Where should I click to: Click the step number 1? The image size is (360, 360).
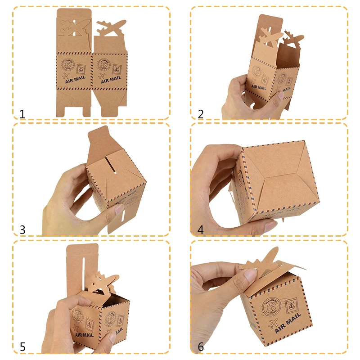click(x=22, y=113)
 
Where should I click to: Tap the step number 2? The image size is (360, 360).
click(x=201, y=114)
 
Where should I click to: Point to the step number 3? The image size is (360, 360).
click(x=22, y=229)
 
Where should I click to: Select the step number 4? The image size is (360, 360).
click(x=201, y=229)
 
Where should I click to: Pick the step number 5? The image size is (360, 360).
click(x=22, y=347)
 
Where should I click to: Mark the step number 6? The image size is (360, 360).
click(x=201, y=347)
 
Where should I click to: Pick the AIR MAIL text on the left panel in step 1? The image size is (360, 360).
click(x=75, y=82)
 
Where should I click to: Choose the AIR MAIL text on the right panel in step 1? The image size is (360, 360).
click(x=111, y=80)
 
